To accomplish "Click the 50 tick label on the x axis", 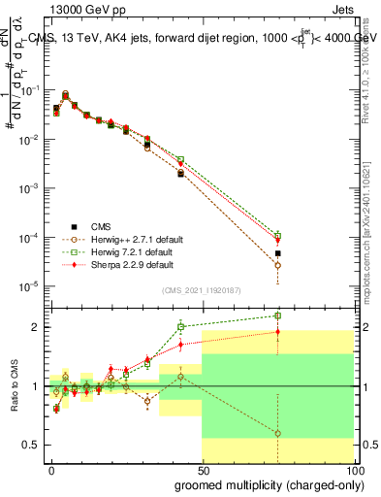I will pyautogui.click(x=202, y=470).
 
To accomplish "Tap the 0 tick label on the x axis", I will pyautogui.click(x=52, y=470).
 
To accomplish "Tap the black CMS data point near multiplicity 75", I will pyautogui.click(x=277, y=253).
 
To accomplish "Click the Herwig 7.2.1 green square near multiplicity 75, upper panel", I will pyautogui.click(x=277, y=235).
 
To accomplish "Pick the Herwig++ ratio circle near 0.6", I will pyautogui.click(x=277, y=433).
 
